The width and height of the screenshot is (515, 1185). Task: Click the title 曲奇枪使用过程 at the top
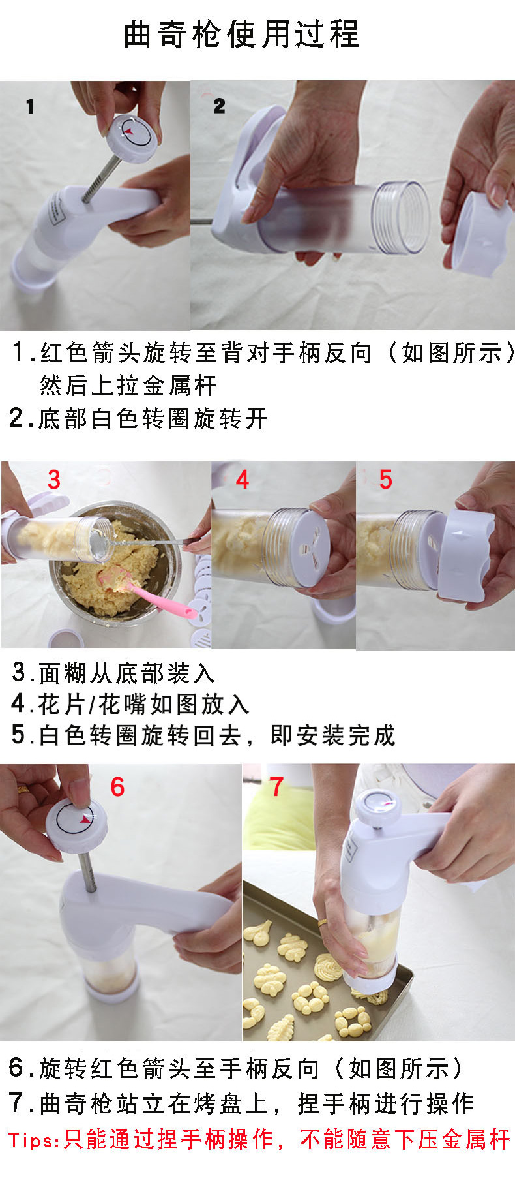click(241, 34)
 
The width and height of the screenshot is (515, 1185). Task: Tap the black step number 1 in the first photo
click(30, 107)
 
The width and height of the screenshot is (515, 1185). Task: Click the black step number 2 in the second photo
click(219, 106)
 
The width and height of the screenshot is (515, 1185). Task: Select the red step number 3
click(54, 480)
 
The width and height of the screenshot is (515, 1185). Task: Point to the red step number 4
click(243, 480)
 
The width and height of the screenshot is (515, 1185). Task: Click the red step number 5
click(386, 480)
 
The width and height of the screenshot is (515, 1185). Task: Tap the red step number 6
click(117, 787)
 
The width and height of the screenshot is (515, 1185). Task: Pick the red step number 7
click(276, 787)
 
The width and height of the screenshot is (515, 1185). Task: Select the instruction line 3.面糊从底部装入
click(113, 673)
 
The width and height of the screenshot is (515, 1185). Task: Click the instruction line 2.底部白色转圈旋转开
click(138, 418)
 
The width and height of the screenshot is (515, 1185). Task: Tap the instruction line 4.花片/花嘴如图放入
click(130, 704)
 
